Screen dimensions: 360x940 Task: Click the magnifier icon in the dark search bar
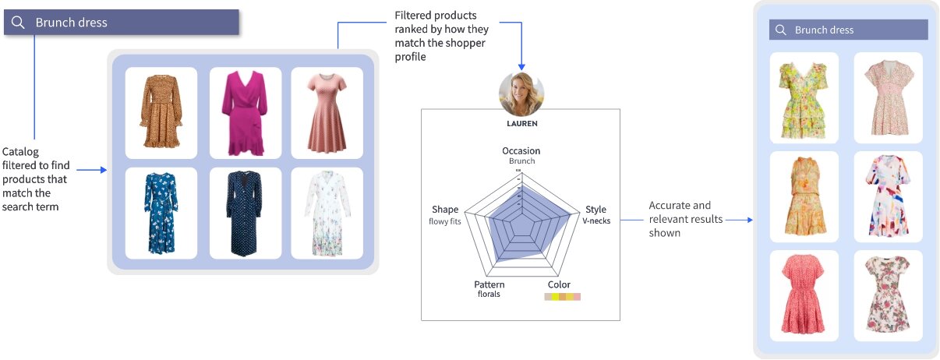pyautogui.click(x=19, y=23)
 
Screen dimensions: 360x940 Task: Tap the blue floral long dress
pyautogui.click(x=161, y=212)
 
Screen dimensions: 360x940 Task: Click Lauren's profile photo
pyautogui.click(x=521, y=94)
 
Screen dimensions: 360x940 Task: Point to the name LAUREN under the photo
pyautogui.click(x=521, y=123)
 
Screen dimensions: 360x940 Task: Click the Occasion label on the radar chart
pyautogui.click(x=521, y=151)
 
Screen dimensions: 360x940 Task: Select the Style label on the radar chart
pyautogui.click(x=595, y=210)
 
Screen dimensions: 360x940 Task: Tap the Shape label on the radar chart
pyautogui.click(x=445, y=210)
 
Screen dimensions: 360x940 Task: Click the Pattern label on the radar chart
pyautogui.click(x=489, y=284)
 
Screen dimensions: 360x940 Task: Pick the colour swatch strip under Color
pyautogui.click(x=562, y=297)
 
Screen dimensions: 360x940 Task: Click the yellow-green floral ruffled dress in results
pyautogui.click(x=804, y=98)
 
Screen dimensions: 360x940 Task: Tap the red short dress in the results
pyautogui.click(x=804, y=295)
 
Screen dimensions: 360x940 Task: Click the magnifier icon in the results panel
pyautogui.click(x=780, y=30)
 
